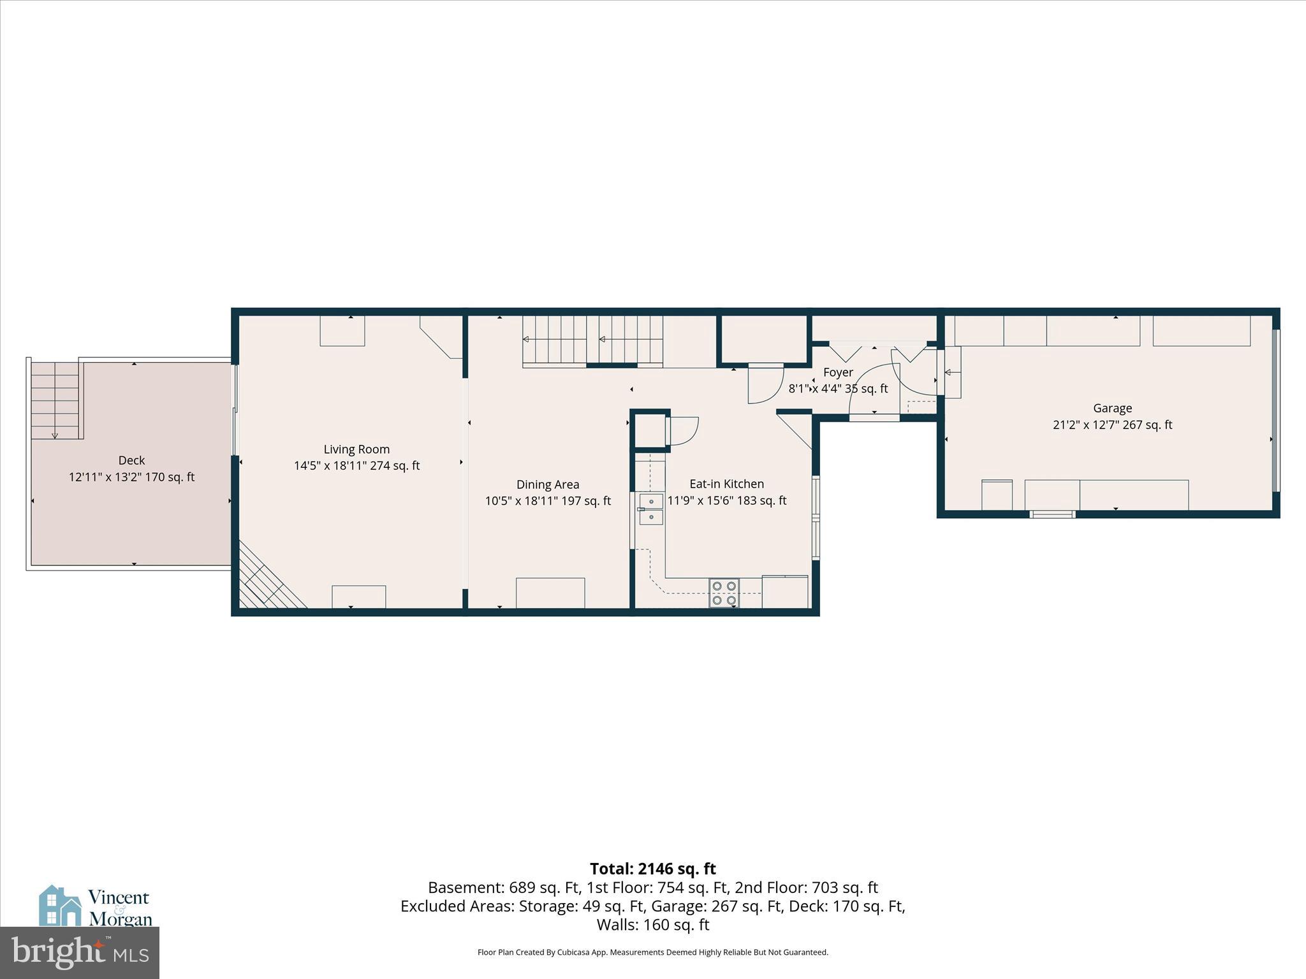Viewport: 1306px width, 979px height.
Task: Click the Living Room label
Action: tap(356, 449)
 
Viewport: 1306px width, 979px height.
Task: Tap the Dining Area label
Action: tap(548, 485)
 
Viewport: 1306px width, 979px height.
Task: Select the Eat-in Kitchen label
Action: tap(726, 484)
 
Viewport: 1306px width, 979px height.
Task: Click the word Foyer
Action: tap(838, 373)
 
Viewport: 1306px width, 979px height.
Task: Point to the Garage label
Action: tap(1112, 409)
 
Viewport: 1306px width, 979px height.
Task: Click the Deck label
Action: tap(131, 461)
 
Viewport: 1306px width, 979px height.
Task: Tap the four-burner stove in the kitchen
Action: tap(724, 593)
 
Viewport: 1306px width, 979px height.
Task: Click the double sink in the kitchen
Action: tap(651, 509)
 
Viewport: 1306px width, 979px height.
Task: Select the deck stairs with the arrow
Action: tap(56, 400)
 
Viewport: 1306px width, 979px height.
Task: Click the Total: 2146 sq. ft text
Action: tap(652, 869)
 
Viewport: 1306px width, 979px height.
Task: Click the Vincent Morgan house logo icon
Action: tap(60, 906)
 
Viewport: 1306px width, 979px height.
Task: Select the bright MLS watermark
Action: tap(80, 952)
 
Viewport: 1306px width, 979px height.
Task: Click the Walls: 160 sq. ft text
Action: tap(652, 925)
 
